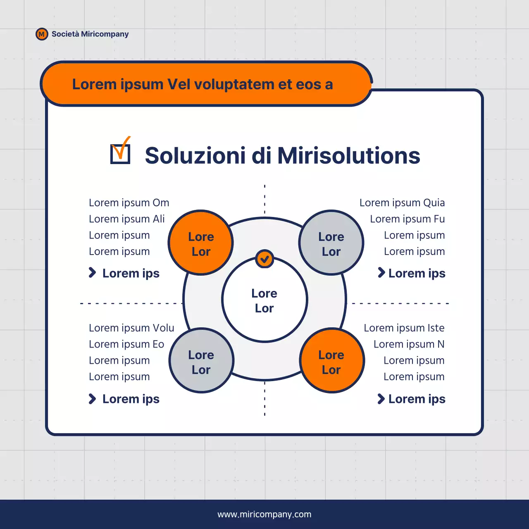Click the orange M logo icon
coord(42,34)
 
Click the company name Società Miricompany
coord(90,34)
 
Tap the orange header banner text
coord(203,84)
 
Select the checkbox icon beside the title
coord(120,152)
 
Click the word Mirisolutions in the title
coord(348,156)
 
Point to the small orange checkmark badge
coord(264,259)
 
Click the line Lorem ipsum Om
coord(129,203)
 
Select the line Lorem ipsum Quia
coord(402,203)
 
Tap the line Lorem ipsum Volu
coord(131,328)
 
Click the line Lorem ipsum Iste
coord(404,328)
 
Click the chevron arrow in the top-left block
coord(92,273)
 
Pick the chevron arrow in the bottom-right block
coord(381,399)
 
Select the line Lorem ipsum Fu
coord(407,219)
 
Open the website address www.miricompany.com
coord(264,515)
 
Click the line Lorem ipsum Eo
coord(126,344)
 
